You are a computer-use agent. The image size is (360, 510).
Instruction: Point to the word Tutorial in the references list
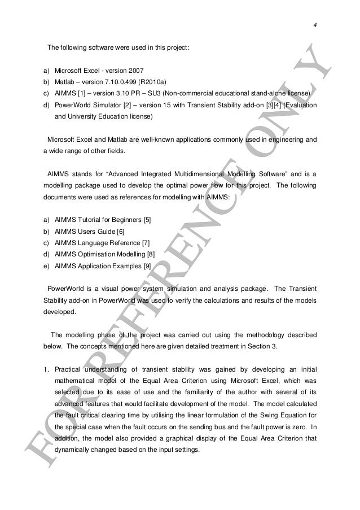coord(87,219)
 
